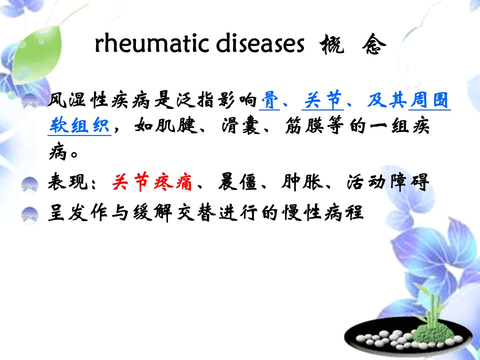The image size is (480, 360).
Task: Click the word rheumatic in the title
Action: coord(151,44)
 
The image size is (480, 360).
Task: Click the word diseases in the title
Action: coord(260,44)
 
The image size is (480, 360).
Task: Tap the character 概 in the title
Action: coord(331,44)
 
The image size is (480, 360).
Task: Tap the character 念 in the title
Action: coord(374,44)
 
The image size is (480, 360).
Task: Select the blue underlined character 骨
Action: coord(269,100)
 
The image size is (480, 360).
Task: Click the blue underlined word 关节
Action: coord(322,100)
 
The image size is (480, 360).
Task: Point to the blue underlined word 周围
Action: coord(429,100)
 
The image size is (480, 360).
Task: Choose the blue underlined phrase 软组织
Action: coord(79,125)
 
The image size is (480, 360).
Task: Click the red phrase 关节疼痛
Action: coord(152,182)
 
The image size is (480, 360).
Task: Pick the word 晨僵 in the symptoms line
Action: coord(237,182)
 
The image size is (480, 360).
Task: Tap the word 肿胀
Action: coord(302,182)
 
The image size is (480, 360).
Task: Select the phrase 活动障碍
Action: coord(387,182)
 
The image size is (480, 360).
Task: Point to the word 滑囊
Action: coord(240,125)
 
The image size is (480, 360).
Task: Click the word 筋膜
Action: coord(304,125)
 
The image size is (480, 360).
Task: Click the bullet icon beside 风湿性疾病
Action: coord(29,101)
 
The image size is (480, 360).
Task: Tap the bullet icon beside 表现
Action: coord(29,185)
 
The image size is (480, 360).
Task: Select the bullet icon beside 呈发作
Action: coord(29,215)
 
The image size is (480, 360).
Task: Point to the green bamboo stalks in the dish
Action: coord(431,306)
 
